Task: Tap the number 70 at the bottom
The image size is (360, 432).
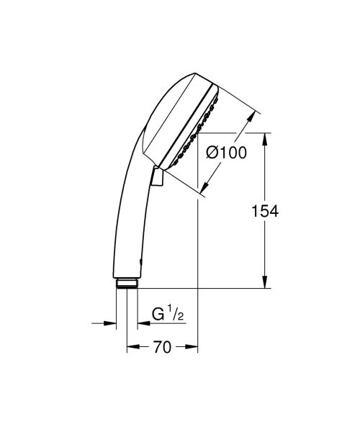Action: click(161, 348)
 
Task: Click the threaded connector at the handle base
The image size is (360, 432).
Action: click(127, 282)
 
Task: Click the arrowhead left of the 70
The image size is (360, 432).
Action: click(132, 348)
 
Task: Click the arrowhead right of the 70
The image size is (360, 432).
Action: click(192, 348)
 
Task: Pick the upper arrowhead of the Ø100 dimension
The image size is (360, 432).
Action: click(254, 115)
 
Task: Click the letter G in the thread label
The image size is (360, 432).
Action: click(156, 314)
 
